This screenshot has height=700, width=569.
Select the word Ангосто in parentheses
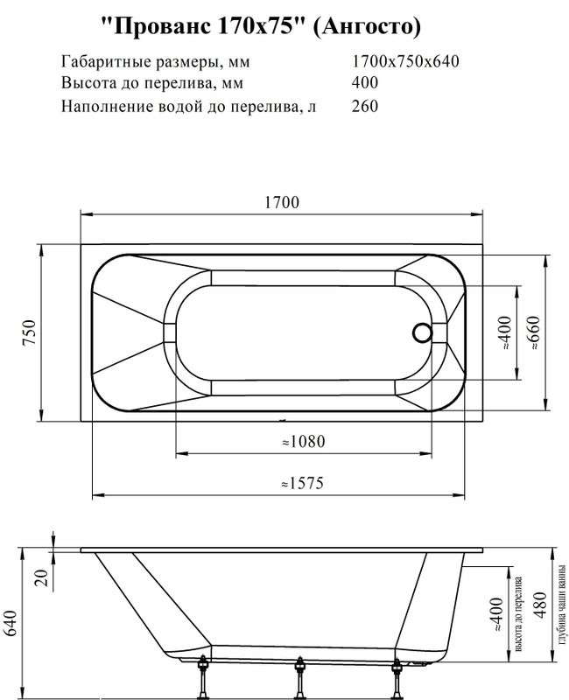[x=367, y=27]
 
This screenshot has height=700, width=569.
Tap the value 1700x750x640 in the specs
[x=405, y=62]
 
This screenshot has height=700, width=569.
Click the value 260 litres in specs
[x=364, y=107]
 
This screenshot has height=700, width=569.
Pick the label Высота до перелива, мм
[x=151, y=84]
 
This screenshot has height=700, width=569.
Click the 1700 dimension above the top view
[x=282, y=202]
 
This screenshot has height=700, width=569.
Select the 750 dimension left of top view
[x=29, y=332]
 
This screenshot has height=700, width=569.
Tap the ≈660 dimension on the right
[x=533, y=332]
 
